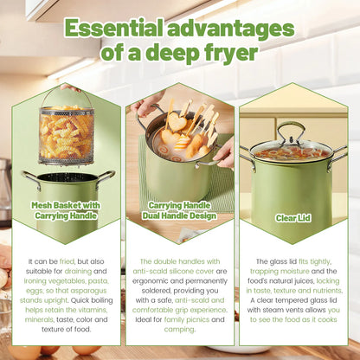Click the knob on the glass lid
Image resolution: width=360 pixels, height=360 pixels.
(x=292, y=127)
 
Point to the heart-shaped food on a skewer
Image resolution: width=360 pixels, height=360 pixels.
(x=178, y=121)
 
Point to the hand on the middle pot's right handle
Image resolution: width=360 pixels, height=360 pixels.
(x=223, y=154)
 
